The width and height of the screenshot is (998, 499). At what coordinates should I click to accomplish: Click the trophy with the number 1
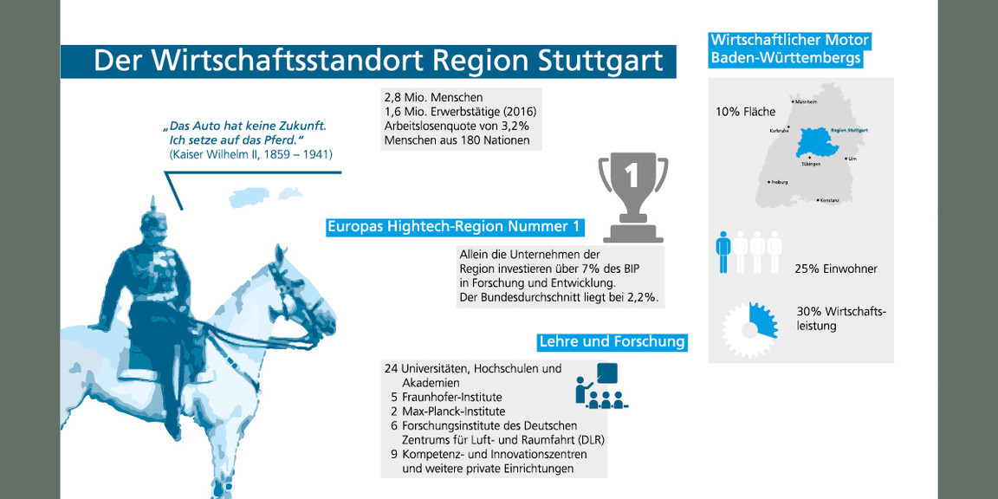click(632, 196)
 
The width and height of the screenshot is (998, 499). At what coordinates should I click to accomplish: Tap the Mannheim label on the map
click(806, 102)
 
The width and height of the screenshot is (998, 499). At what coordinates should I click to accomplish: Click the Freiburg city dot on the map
click(769, 182)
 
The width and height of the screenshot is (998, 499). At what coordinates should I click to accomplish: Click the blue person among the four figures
click(723, 252)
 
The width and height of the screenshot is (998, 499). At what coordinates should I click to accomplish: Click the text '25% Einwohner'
click(835, 269)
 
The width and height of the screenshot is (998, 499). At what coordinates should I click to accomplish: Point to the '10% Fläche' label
click(745, 112)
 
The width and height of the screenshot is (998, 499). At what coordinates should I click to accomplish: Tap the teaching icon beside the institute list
click(600, 386)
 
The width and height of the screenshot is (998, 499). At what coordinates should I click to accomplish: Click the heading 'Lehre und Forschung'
click(612, 341)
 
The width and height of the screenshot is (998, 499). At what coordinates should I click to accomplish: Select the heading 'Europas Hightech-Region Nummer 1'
click(453, 227)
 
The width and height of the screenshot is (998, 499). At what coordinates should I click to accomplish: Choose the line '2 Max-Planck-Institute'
click(447, 412)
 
